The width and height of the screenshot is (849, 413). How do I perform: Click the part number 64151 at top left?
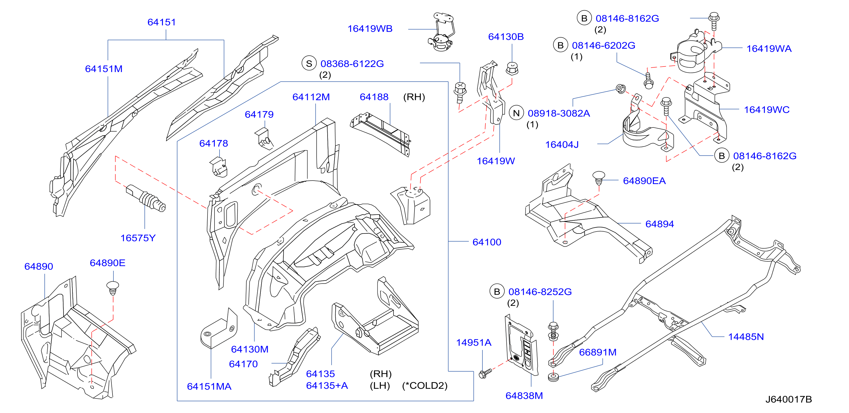162,22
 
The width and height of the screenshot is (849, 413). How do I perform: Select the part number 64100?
487,242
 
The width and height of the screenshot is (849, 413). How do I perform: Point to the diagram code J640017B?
788,399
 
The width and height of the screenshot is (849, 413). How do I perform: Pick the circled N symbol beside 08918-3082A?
516,113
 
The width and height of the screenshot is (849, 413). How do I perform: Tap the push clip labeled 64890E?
113,288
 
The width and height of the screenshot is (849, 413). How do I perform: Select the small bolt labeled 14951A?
485,373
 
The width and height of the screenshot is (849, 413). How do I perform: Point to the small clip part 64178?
218,167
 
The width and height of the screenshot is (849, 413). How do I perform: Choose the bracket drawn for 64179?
264,138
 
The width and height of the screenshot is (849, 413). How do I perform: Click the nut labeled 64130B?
512,68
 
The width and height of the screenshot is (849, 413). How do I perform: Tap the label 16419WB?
370,29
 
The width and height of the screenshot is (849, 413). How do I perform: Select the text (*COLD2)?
424,385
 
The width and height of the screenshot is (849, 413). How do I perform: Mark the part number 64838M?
524,395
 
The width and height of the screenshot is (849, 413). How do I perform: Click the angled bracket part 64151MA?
219,329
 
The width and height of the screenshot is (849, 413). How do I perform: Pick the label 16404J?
562,145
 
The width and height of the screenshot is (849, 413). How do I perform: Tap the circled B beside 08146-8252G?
497,291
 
